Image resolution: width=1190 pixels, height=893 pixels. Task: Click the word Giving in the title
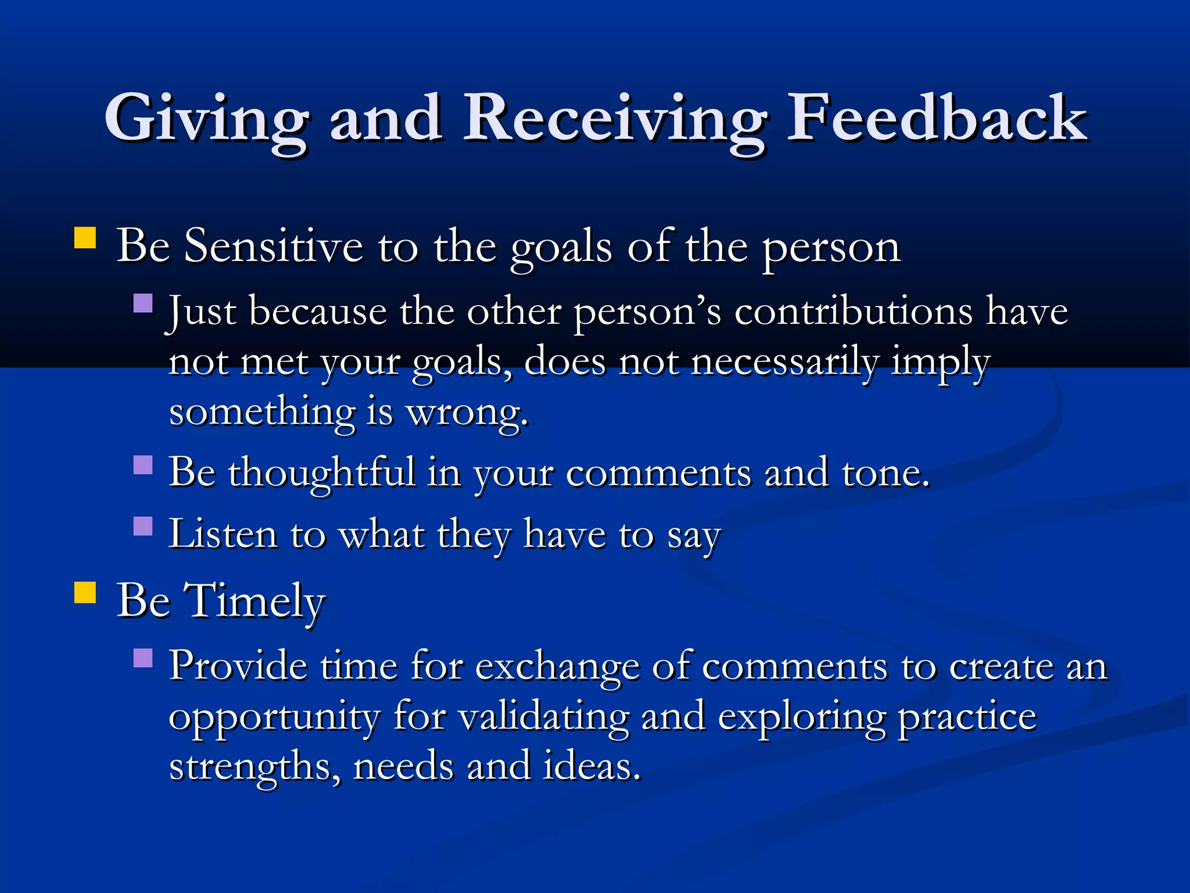click(x=206, y=119)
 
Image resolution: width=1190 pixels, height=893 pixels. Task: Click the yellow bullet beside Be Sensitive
click(x=85, y=238)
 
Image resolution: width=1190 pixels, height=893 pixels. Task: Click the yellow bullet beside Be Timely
click(x=85, y=593)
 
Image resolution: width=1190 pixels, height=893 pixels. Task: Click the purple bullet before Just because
click(x=143, y=303)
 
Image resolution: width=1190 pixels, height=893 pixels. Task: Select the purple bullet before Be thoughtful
click(x=143, y=465)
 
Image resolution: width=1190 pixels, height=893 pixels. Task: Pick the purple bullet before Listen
click(x=143, y=526)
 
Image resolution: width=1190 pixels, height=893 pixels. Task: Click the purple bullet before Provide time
click(x=143, y=658)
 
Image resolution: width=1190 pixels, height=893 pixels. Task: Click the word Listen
click(x=223, y=534)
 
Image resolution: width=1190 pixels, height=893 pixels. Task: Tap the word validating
click(x=543, y=717)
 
